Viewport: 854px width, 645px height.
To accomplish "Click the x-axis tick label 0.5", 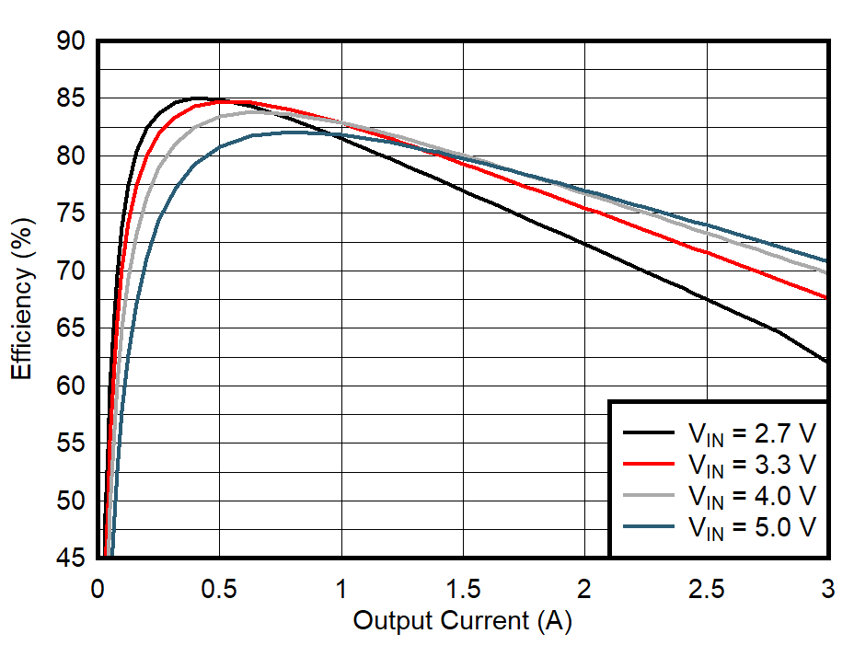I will pos(219,588).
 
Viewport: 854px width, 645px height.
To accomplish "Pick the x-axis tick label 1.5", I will pos(463,588).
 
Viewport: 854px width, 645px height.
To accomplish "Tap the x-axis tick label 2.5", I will pos(706,588).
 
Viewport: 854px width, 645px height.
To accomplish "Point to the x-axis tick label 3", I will pos(827,588).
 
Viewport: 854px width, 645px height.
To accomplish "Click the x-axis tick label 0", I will pos(98,588).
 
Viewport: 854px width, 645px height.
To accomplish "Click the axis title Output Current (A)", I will pos(462,621).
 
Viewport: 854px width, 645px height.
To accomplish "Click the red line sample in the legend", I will pos(649,463).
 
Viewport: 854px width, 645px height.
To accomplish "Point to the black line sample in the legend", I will pos(649,432).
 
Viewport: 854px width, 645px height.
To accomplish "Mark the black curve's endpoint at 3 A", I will pos(827,363).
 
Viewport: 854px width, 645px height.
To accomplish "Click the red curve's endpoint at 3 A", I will pos(827,298).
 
